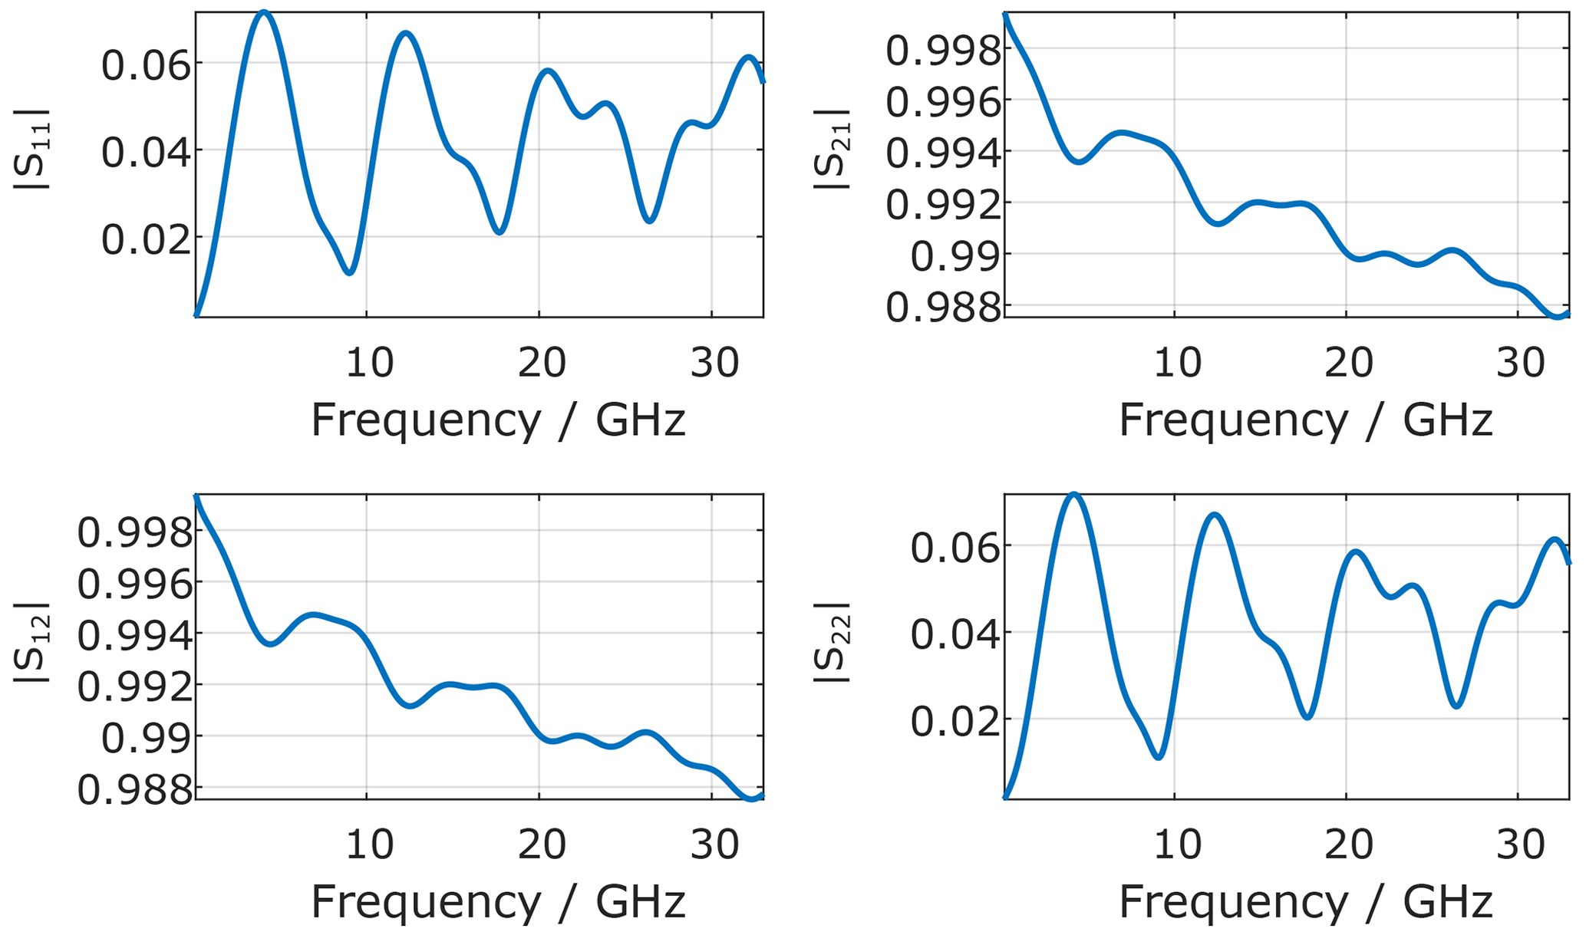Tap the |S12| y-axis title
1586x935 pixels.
click(x=32, y=640)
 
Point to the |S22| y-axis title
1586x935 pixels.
click(x=833, y=640)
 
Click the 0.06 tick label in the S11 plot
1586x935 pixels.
click(x=146, y=66)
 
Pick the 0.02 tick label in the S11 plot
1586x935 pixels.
click(x=146, y=239)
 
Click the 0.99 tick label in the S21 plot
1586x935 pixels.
click(x=956, y=257)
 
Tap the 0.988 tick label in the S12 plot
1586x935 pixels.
click(x=135, y=790)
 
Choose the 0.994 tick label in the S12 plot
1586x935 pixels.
click(x=135, y=636)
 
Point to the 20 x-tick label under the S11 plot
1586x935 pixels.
click(x=542, y=362)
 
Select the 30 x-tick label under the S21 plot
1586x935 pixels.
click(x=1521, y=362)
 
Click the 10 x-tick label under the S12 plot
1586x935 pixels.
click(x=369, y=844)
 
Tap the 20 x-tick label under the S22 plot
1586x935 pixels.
click(x=1349, y=844)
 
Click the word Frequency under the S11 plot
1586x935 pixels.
click(x=426, y=420)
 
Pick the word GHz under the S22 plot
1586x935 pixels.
click(x=1449, y=902)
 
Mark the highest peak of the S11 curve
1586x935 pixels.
click(x=264, y=12)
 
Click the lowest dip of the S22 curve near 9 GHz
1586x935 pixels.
click(x=1159, y=757)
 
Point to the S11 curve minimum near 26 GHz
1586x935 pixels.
click(x=650, y=221)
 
